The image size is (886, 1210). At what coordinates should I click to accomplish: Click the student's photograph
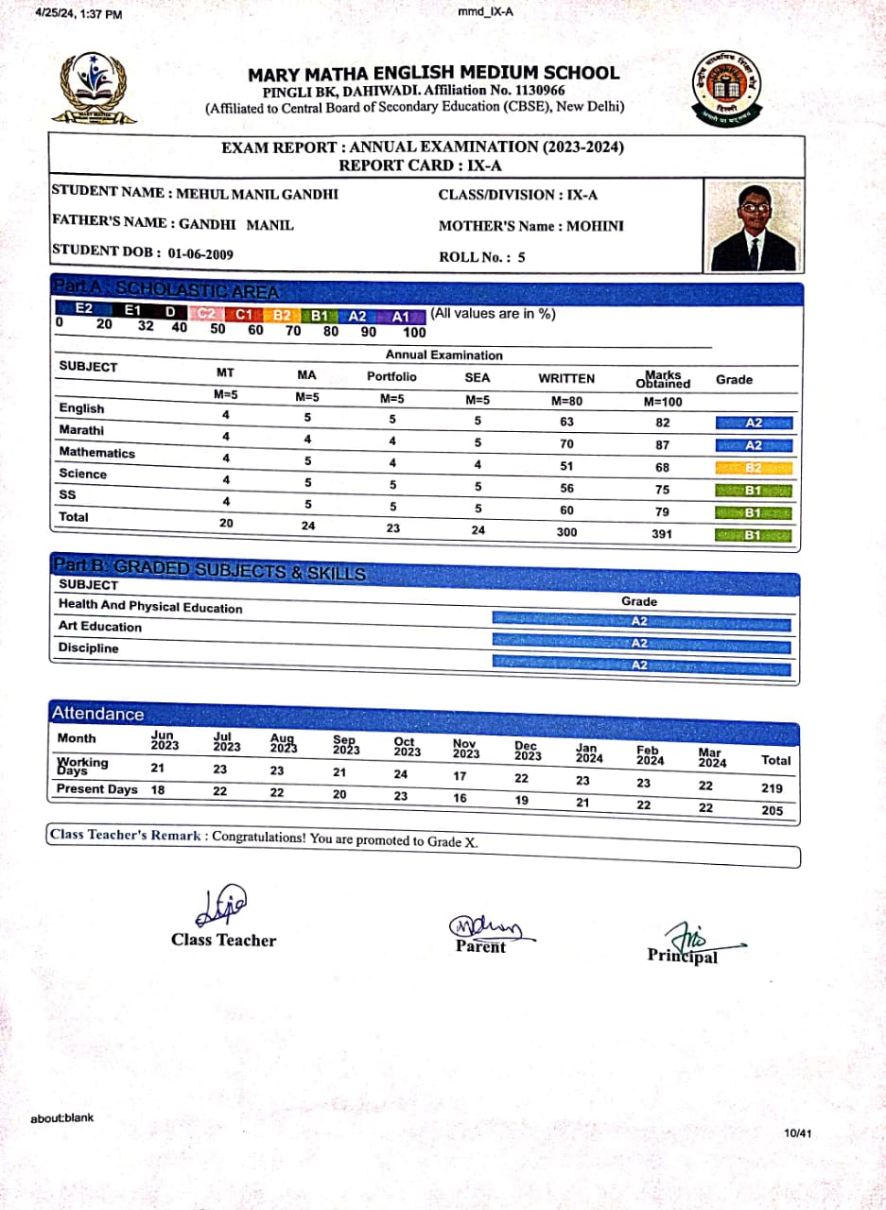point(753,227)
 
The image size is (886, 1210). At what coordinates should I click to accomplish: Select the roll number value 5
point(521,256)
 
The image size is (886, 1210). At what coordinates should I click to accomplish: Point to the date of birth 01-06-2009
point(200,253)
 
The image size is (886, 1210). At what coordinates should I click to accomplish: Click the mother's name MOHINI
point(595,226)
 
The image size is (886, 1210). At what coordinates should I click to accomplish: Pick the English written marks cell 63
point(566,422)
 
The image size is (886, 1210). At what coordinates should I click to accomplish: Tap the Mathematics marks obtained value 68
point(662,467)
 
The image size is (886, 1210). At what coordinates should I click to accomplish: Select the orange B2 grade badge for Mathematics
point(754,467)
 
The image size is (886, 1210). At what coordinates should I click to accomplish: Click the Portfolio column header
point(391,376)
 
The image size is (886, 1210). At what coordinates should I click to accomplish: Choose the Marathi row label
point(80,431)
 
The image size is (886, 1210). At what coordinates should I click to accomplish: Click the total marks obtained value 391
point(662,534)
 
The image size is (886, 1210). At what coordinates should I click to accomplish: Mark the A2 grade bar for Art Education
point(640,643)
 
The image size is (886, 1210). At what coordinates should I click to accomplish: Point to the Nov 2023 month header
point(466,749)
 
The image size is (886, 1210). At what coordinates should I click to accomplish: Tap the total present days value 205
point(772,810)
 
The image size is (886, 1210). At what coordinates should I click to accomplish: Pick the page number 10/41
point(797,1132)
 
